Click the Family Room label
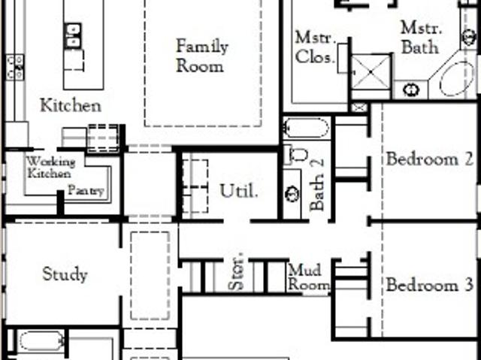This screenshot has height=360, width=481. coord(202,56)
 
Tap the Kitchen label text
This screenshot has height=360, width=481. coord(71,105)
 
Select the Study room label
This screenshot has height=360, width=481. coord(65,274)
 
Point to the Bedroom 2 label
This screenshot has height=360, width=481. coord(429,159)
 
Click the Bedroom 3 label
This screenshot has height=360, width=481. coord(429,285)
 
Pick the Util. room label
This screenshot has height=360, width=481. coord(239,191)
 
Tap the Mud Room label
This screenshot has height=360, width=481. coord(309,277)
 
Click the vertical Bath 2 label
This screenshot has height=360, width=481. coord(317,185)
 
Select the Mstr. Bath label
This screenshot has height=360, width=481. coord(421,38)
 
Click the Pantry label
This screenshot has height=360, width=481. coord(86,190)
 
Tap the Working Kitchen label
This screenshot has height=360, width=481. coord(51,168)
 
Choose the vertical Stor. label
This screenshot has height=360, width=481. coord(236,271)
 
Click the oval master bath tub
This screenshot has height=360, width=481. coord(456,79)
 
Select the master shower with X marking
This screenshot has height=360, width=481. coord(371,72)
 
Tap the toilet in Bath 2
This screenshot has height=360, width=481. coord(298,155)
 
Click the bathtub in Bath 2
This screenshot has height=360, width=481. coord(306,128)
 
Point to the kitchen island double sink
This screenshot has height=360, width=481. coord(73,35)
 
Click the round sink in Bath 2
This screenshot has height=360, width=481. coord(292,194)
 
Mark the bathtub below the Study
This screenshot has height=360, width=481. coord(41,341)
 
